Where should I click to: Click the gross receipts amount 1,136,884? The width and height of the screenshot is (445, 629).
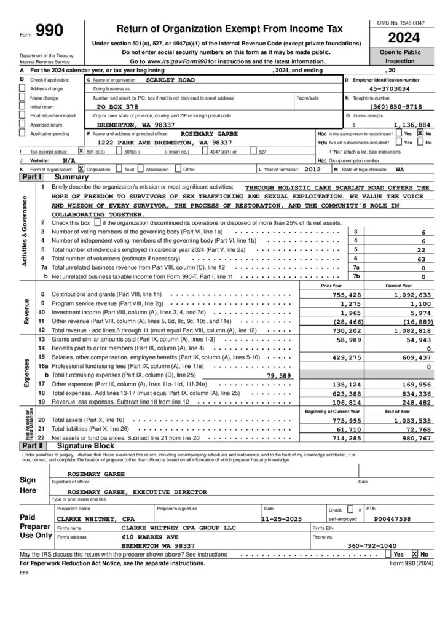coord(412,124)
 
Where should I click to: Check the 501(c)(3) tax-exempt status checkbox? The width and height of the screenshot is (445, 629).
coord(82,150)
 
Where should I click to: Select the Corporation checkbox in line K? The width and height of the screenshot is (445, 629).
coord(82,168)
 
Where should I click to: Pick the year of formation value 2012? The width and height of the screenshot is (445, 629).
coord(312,168)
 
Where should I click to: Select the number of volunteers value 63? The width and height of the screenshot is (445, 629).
coord(421,259)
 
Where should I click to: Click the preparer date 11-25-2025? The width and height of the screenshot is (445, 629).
coord(281,518)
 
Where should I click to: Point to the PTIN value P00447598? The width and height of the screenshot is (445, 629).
coord(393,518)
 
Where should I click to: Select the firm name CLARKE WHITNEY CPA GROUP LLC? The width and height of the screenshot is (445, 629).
coord(179,527)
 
